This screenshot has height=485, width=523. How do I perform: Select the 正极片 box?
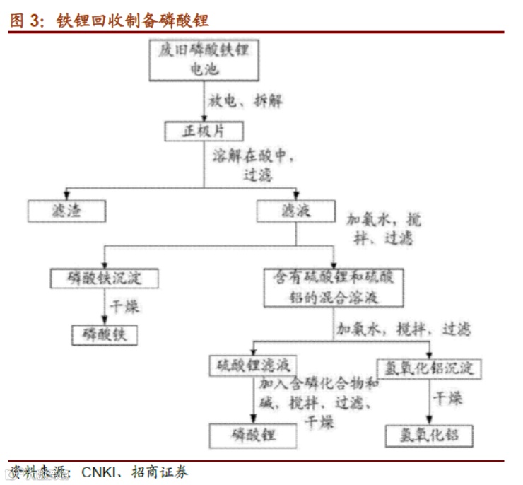coord(204,131)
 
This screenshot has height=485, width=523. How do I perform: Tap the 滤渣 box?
coord(67,210)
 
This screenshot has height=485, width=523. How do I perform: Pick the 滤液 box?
coord(295,210)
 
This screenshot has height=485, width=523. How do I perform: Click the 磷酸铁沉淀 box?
coord(103,278)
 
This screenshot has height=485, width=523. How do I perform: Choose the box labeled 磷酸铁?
coord(105,334)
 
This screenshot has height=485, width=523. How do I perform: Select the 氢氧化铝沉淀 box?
coord(429,368)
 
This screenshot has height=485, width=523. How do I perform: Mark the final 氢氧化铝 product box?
coord(428,434)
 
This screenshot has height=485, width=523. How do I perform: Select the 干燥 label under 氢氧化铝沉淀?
coord(447,399)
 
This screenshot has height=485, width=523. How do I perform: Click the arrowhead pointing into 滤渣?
coord(67,194)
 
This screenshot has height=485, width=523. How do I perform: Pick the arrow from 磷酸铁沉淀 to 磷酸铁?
coord(103,306)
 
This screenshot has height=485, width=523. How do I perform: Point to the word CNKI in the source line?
coord(102,471)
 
